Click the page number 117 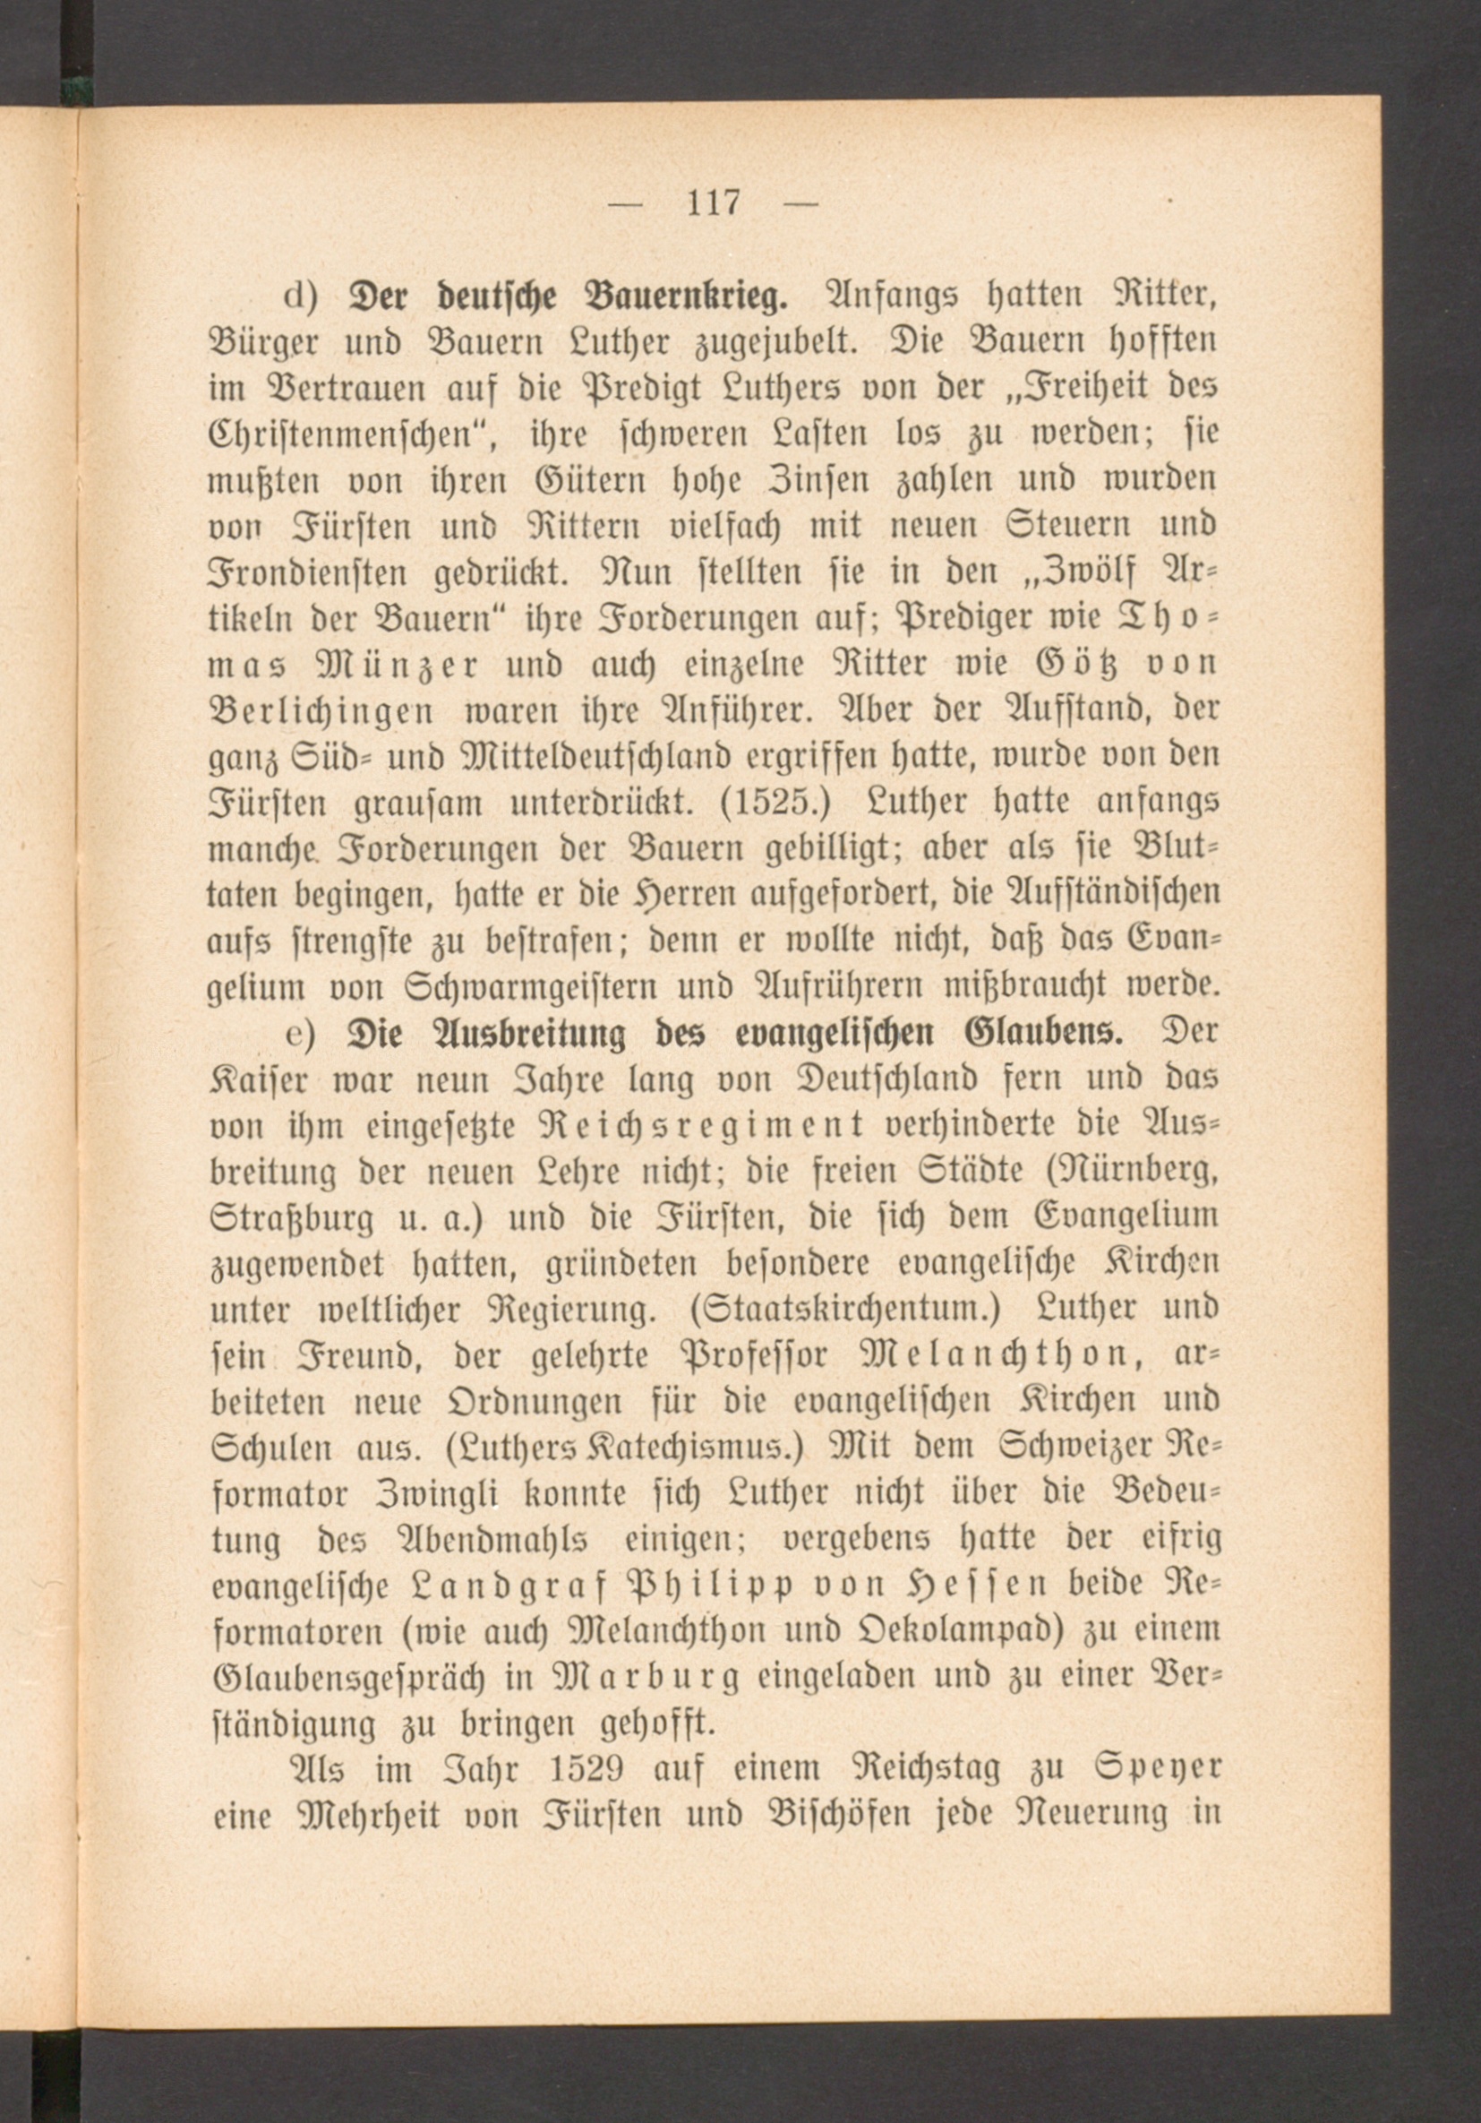pos(714,202)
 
